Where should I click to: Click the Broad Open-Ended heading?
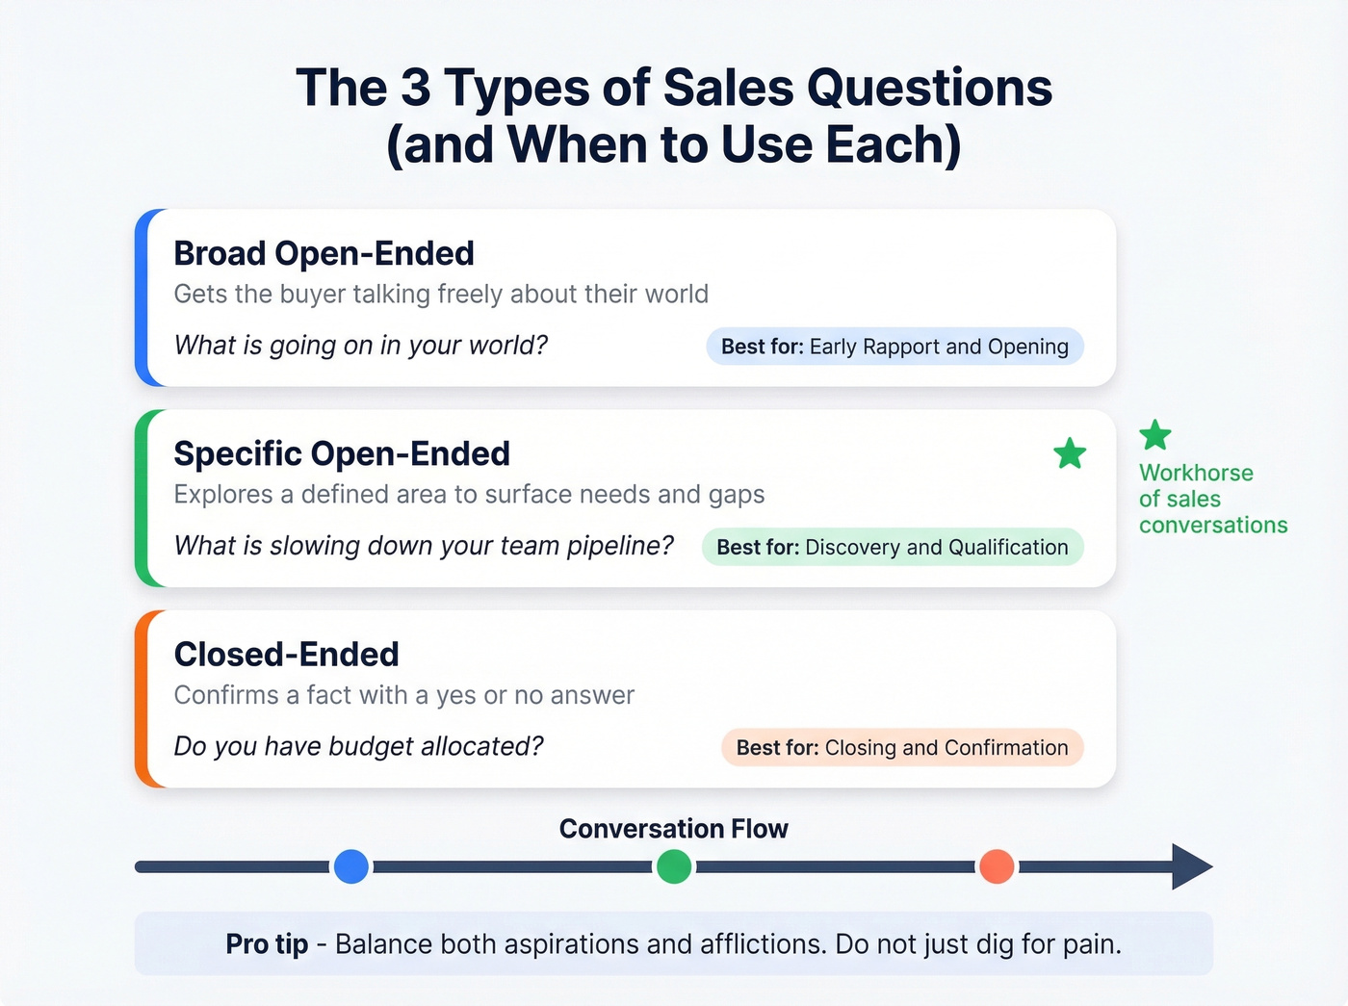(x=324, y=253)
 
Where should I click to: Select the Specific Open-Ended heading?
(x=342, y=453)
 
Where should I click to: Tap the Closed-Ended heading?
(x=286, y=655)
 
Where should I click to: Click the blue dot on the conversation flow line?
(x=351, y=866)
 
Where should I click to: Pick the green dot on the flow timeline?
(x=674, y=866)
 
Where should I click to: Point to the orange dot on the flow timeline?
(x=997, y=866)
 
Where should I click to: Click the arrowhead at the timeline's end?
(x=1191, y=866)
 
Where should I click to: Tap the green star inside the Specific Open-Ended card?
(x=1070, y=453)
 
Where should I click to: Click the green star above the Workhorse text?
(x=1155, y=435)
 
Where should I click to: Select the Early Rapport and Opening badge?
(x=894, y=347)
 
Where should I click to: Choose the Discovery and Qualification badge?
(x=893, y=547)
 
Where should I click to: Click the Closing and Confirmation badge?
(x=902, y=748)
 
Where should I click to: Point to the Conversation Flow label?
(x=674, y=829)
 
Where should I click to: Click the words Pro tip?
(x=267, y=944)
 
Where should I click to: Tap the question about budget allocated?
(x=358, y=746)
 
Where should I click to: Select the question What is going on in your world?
(x=360, y=345)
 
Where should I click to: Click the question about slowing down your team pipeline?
(x=424, y=545)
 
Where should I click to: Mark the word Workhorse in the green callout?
(x=1196, y=473)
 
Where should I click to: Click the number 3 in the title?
(x=415, y=88)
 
